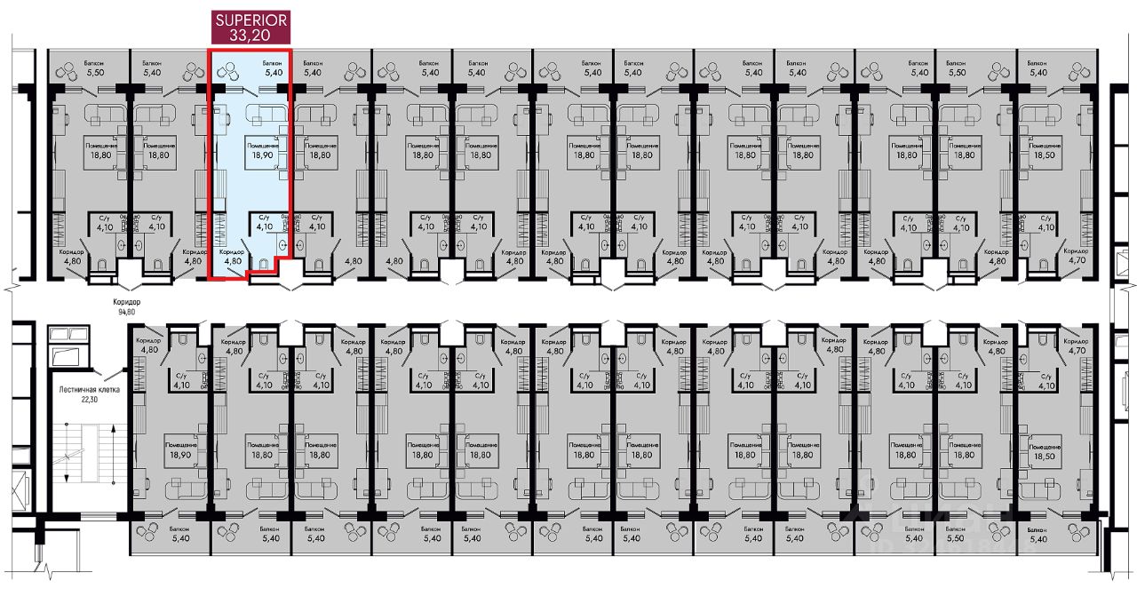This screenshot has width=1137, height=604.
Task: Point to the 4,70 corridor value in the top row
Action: pyautogui.click(x=1077, y=261)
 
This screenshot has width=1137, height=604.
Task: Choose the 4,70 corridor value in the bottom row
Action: pyautogui.click(x=1077, y=351)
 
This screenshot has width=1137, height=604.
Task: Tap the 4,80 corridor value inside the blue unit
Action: pyautogui.click(x=233, y=261)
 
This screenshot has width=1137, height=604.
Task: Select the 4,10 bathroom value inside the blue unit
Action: pyautogui.click(x=263, y=226)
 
